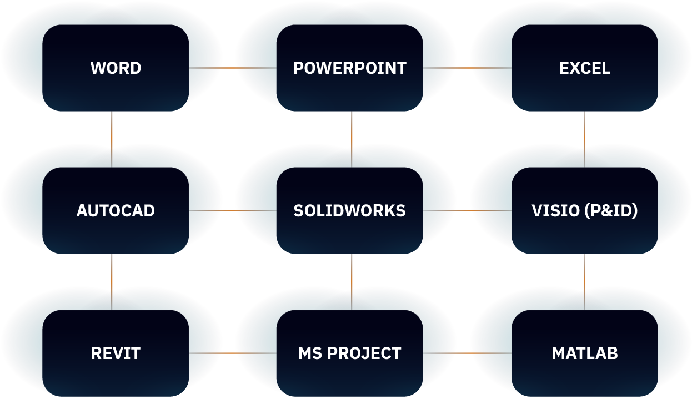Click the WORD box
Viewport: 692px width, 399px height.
116,68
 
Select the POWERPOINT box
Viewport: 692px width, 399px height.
349,68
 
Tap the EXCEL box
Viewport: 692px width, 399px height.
584,68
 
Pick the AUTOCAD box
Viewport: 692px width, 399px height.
116,210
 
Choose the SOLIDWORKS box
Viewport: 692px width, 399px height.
349,210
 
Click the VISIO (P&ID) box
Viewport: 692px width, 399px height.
584,210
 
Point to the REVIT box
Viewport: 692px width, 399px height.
116,353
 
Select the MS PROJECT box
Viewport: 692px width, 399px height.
349,353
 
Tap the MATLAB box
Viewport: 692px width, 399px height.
584,353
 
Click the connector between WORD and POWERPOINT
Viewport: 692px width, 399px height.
233,68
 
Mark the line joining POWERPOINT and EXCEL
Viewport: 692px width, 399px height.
467,68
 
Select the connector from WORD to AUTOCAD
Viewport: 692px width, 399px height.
112,139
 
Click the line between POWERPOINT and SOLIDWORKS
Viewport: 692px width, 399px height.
352,139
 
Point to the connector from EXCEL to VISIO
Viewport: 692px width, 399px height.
584,139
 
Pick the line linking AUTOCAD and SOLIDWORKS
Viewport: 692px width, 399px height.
233,210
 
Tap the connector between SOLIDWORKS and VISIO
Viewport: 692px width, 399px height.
467,210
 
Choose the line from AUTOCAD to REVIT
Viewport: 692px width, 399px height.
112,281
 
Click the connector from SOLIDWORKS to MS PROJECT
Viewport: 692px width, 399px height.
352,281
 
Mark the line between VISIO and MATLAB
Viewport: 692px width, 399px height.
584,281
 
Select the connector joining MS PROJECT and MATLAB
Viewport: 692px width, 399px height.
467,353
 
